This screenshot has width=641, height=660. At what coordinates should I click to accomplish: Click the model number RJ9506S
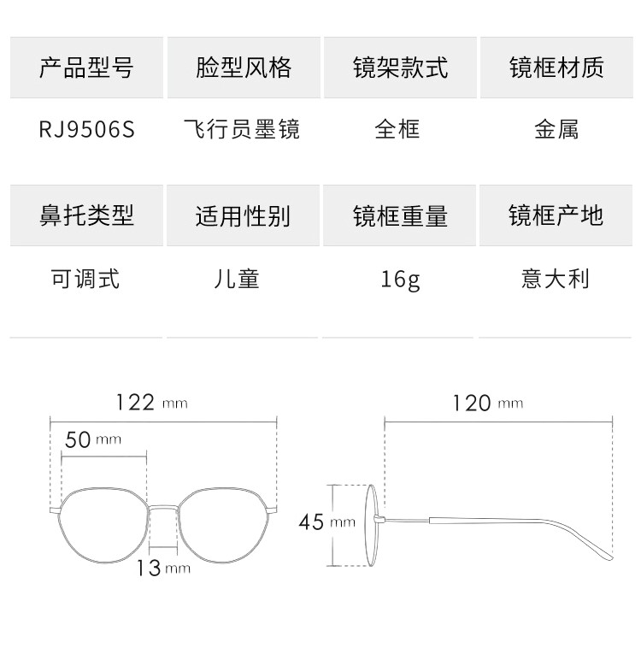click(x=86, y=129)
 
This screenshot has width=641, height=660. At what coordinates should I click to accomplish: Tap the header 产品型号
click(x=86, y=68)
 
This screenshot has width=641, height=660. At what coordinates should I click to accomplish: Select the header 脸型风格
click(x=244, y=68)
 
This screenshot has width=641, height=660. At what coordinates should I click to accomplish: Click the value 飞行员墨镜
click(x=243, y=129)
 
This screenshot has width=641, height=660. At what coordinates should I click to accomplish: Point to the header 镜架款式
click(x=400, y=68)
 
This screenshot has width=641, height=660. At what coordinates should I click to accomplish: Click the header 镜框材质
click(x=556, y=68)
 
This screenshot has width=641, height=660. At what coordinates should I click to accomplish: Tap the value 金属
click(x=556, y=129)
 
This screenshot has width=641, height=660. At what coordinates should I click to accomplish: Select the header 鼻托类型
click(x=86, y=215)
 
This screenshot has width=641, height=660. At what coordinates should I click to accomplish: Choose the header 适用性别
click(x=243, y=215)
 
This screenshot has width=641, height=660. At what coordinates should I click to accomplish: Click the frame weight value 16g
click(x=400, y=279)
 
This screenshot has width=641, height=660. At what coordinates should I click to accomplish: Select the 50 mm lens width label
click(x=93, y=439)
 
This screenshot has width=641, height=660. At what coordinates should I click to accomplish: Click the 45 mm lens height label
click(x=326, y=522)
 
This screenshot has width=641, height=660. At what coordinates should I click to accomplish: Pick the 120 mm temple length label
click(x=486, y=402)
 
